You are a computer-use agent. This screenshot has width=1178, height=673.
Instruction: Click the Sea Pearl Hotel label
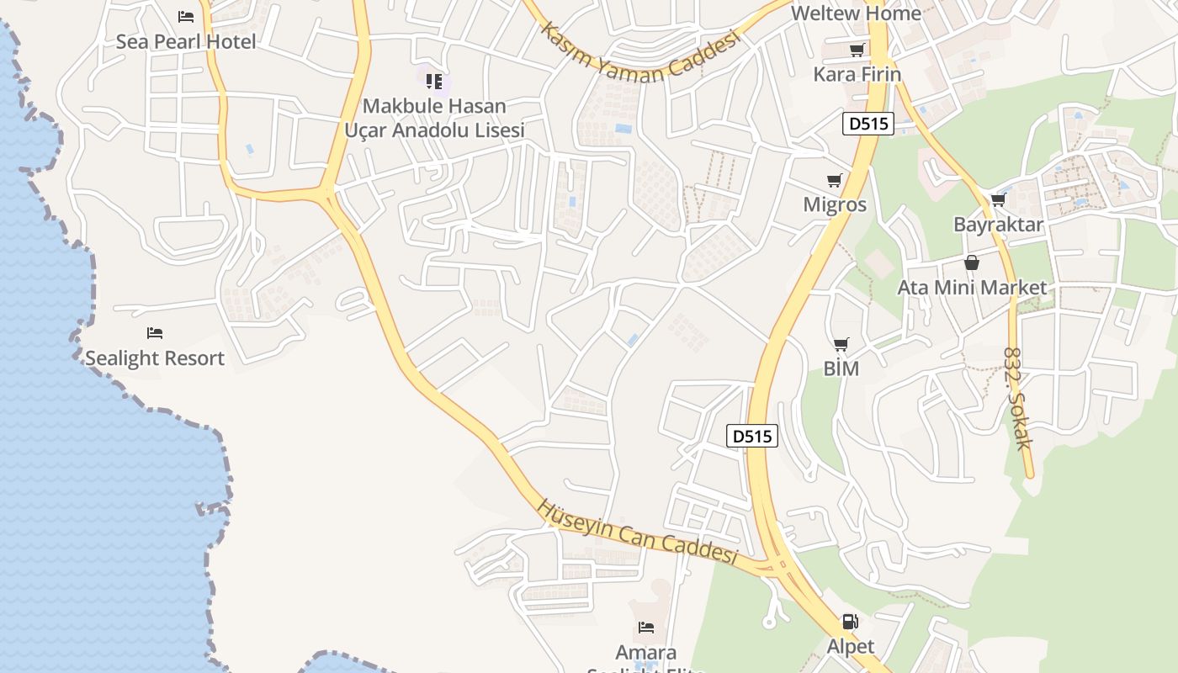pos(186,41)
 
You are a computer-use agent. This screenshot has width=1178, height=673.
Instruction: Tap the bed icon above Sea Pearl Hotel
pos(186,16)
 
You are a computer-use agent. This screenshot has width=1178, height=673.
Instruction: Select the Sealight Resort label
pos(155,358)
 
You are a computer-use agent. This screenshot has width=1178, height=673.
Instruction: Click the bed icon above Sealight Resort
pos(155,333)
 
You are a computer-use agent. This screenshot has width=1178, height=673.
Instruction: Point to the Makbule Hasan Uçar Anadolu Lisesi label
pos(434,118)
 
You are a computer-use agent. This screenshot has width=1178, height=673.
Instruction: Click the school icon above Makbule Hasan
pos(434,82)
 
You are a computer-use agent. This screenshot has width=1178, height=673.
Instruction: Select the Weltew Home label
pos(856,13)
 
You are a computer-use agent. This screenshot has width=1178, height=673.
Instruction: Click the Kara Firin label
pos(857,74)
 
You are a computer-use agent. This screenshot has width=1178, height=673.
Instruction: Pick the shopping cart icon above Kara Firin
pos(857,50)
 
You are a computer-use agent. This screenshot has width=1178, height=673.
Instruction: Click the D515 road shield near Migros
pos(868,124)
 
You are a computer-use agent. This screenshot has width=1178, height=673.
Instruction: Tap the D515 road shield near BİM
pos(751,436)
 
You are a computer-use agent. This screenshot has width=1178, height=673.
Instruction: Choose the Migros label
pos(835,204)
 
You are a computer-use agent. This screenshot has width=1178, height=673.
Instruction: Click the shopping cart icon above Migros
pos(835,180)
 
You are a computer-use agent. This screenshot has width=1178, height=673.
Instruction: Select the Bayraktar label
pos(998,225)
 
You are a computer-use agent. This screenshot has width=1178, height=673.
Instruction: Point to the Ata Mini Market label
pos(972,288)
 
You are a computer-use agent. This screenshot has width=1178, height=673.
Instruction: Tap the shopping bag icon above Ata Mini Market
pos(972,262)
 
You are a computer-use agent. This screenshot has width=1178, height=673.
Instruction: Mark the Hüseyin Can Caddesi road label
pos(637,532)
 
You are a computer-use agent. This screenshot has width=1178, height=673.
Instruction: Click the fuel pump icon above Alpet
pos(851,623)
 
